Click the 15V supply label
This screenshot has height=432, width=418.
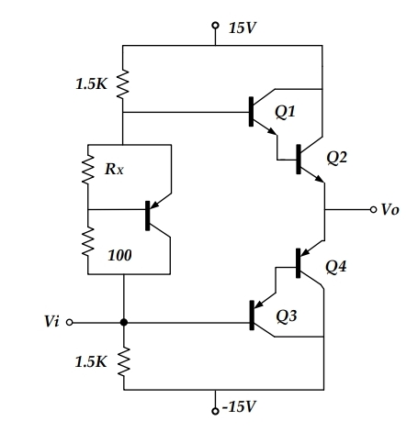[x=242, y=26]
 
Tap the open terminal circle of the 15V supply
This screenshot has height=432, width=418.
[x=215, y=26]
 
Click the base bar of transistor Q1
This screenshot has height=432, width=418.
[x=252, y=112]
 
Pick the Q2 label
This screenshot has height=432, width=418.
[x=337, y=157]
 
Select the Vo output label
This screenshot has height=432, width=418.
[x=390, y=210]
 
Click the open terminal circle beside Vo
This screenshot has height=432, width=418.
[x=371, y=210]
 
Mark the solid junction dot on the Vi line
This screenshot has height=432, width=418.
[x=123, y=323]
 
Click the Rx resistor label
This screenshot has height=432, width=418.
[x=116, y=169]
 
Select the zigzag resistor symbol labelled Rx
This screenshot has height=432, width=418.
[x=88, y=169]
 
